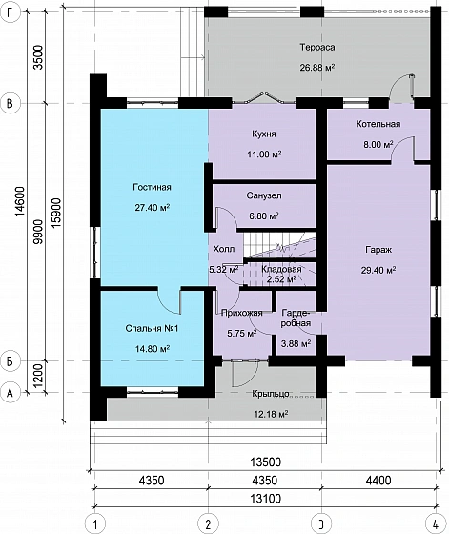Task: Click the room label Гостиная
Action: pos(152,187)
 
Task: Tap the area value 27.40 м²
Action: pos(153,208)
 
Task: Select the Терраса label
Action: pos(317,47)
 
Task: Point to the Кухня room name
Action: pos(264,133)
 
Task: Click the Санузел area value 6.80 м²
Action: pos(264,216)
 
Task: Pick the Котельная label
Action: pos(378,124)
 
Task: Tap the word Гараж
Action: pos(378,250)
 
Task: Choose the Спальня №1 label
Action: pos(152,329)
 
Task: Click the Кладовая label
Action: pos(281,269)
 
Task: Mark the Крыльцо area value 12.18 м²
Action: pos(271,414)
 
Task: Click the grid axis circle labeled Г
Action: pos(10,11)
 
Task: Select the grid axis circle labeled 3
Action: pos(321,524)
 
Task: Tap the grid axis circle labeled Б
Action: pos(10,360)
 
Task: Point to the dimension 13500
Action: pos(266,462)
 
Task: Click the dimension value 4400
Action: pos(378,481)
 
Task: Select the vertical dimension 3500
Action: pos(39,57)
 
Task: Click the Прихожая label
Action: pos(242,313)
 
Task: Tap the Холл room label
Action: pos(224,249)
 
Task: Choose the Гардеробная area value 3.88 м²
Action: pos(296,343)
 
